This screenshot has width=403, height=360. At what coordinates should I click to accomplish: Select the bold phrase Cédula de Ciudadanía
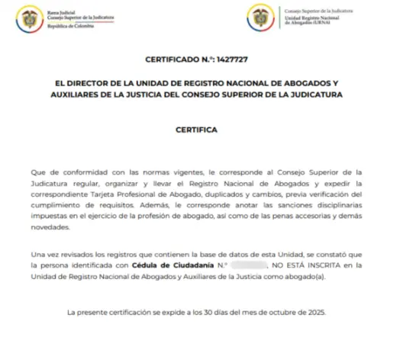pos(169,264)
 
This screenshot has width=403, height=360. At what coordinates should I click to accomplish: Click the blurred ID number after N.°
pos(246,264)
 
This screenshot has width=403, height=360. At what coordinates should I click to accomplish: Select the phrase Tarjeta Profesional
pos(114,195)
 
